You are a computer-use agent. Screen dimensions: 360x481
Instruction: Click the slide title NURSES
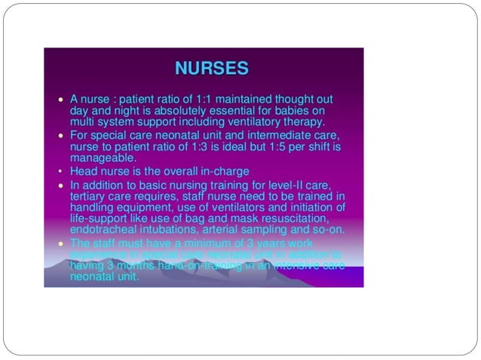coord(211,69)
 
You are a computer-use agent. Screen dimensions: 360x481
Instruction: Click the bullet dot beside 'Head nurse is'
coord(61,172)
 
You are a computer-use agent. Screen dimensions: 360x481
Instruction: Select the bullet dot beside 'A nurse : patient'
coord(61,99)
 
